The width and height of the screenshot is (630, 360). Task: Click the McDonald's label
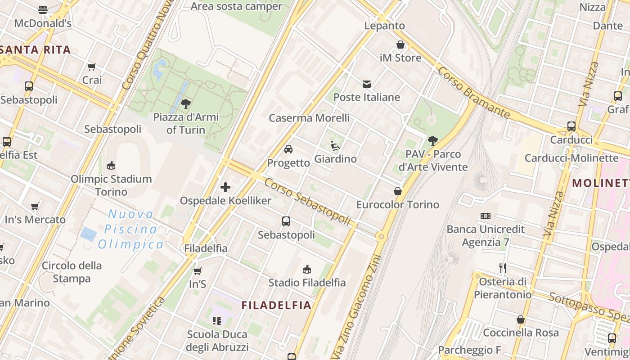pos(43,23)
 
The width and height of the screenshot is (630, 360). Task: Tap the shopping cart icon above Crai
pos(92,67)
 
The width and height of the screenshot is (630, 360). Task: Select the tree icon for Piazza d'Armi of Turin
pos(185,104)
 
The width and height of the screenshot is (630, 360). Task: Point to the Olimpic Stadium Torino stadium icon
pos(111,166)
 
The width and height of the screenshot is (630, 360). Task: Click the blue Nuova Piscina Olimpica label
pos(131,229)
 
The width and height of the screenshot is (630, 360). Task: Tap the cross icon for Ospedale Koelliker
pos(225,187)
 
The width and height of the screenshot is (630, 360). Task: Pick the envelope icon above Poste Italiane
pos(367,84)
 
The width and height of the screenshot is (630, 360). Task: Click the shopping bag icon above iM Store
pos(400,45)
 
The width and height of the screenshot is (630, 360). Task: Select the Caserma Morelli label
pos(309,118)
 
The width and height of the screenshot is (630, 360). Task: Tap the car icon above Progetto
pos(288,149)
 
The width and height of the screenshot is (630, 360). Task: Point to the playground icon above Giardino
pos(335,146)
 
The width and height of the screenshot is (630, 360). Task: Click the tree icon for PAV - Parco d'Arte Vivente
pos(433,141)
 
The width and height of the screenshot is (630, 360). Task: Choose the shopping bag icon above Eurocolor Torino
pos(397,192)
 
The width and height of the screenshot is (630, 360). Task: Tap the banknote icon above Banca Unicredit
pos(485,216)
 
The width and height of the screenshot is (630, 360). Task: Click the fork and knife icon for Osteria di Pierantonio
pos(503,269)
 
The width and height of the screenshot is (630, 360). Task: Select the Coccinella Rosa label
pos(521,333)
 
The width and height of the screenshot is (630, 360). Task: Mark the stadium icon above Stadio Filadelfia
pos(307,270)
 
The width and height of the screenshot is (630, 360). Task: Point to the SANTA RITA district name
pos(36,49)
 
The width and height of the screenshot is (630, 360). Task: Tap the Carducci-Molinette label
pos(571,158)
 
